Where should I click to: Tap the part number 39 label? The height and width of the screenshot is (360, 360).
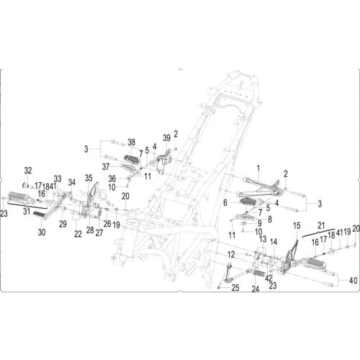pyautogui.click(x=166, y=138)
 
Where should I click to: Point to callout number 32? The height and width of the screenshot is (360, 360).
pyautogui.click(x=28, y=171)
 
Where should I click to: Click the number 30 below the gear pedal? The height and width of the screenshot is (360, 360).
pyautogui.click(x=41, y=233)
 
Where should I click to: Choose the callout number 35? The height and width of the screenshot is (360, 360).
pyautogui.click(x=89, y=177)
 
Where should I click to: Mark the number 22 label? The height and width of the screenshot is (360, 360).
pyautogui.click(x=78, y=234)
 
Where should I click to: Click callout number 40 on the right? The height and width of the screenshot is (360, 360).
pyautogui.click(x=352, y=279)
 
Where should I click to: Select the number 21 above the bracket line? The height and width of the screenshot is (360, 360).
pyautogui.click(x=322, y=225)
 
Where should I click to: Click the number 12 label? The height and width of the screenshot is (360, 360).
pyautogui.click(x=231, y=254)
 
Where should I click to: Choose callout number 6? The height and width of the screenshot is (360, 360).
pyautogui.click(x=225, y=204)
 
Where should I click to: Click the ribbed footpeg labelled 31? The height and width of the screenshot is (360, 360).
pyautogui.click(x=21, y=197)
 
